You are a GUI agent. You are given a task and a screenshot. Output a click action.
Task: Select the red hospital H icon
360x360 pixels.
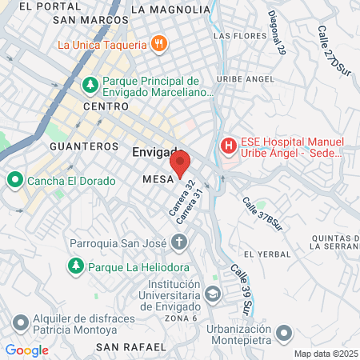(x=229, y=146)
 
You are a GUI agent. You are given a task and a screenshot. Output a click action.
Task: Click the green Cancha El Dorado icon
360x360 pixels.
(x=14, y=180)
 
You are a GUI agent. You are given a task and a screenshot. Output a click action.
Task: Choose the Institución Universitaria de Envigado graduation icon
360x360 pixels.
(x=212, y=294)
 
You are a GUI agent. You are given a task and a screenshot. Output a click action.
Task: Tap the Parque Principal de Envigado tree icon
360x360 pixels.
(x=90, y=83)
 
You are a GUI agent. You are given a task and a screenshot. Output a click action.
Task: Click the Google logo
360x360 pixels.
(x=26, y=350)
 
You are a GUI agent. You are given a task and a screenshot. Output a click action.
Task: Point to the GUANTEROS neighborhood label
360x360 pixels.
(x=84, y=147)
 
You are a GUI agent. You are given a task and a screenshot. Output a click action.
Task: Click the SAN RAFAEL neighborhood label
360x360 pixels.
(x=131, y=346)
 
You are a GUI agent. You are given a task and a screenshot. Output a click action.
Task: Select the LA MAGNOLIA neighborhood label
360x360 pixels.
(x=168, y=10)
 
